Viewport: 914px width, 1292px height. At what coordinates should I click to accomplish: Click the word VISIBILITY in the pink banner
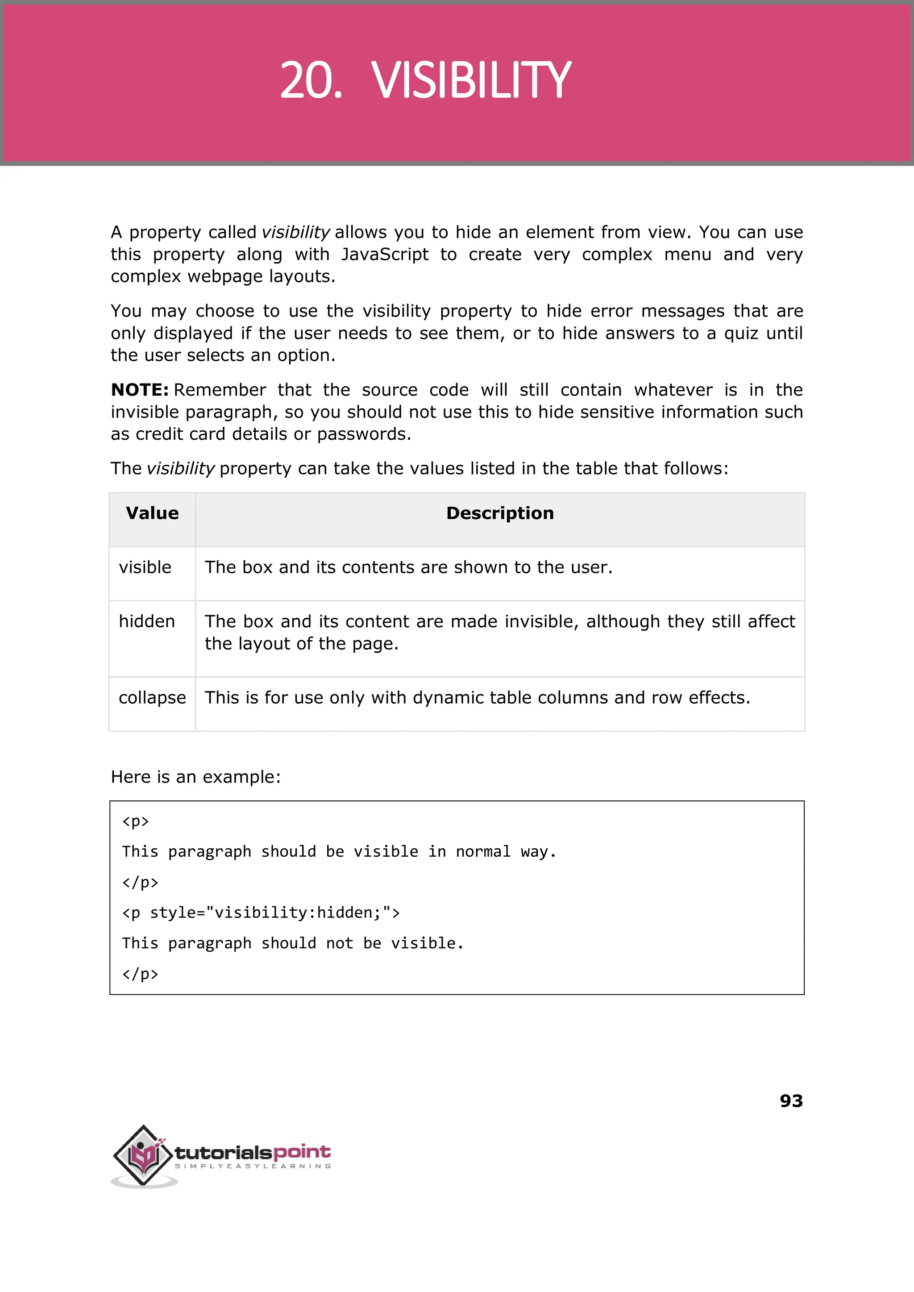pyautogui.click(x=471, y=80)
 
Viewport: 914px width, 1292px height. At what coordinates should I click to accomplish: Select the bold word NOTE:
pyautogui.click(x=140, y=390)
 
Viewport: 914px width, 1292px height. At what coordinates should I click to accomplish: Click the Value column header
pyautogui.click(x=152, y=513)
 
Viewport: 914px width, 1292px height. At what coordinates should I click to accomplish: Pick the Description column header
pyautogui.click(x=500, y=513)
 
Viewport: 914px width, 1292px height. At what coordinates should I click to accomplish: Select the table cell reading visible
pyautogui.click(x=145, y=567)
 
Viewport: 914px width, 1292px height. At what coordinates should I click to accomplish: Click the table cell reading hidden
pyautogui.click(x=147, y=621)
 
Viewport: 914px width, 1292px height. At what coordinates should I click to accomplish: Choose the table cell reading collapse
pyautogui.click(x=152, y=697)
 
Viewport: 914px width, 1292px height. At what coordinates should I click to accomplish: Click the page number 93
pyautogui.click(x=791, y=1100)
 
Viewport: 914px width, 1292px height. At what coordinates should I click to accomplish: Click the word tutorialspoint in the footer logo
pyautogui.click(x=253, y=1152)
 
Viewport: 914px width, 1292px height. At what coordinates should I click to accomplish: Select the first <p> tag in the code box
pyautogui.click(x=136, y=821)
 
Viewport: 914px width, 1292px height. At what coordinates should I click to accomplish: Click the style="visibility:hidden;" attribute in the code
pyautogui.click(x=274, y=912)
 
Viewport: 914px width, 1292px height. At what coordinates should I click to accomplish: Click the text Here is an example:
pyautogui.click(x=195, y=777)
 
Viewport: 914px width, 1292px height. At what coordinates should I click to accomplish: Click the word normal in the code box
pyautogui.click(x=483, y=851)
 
